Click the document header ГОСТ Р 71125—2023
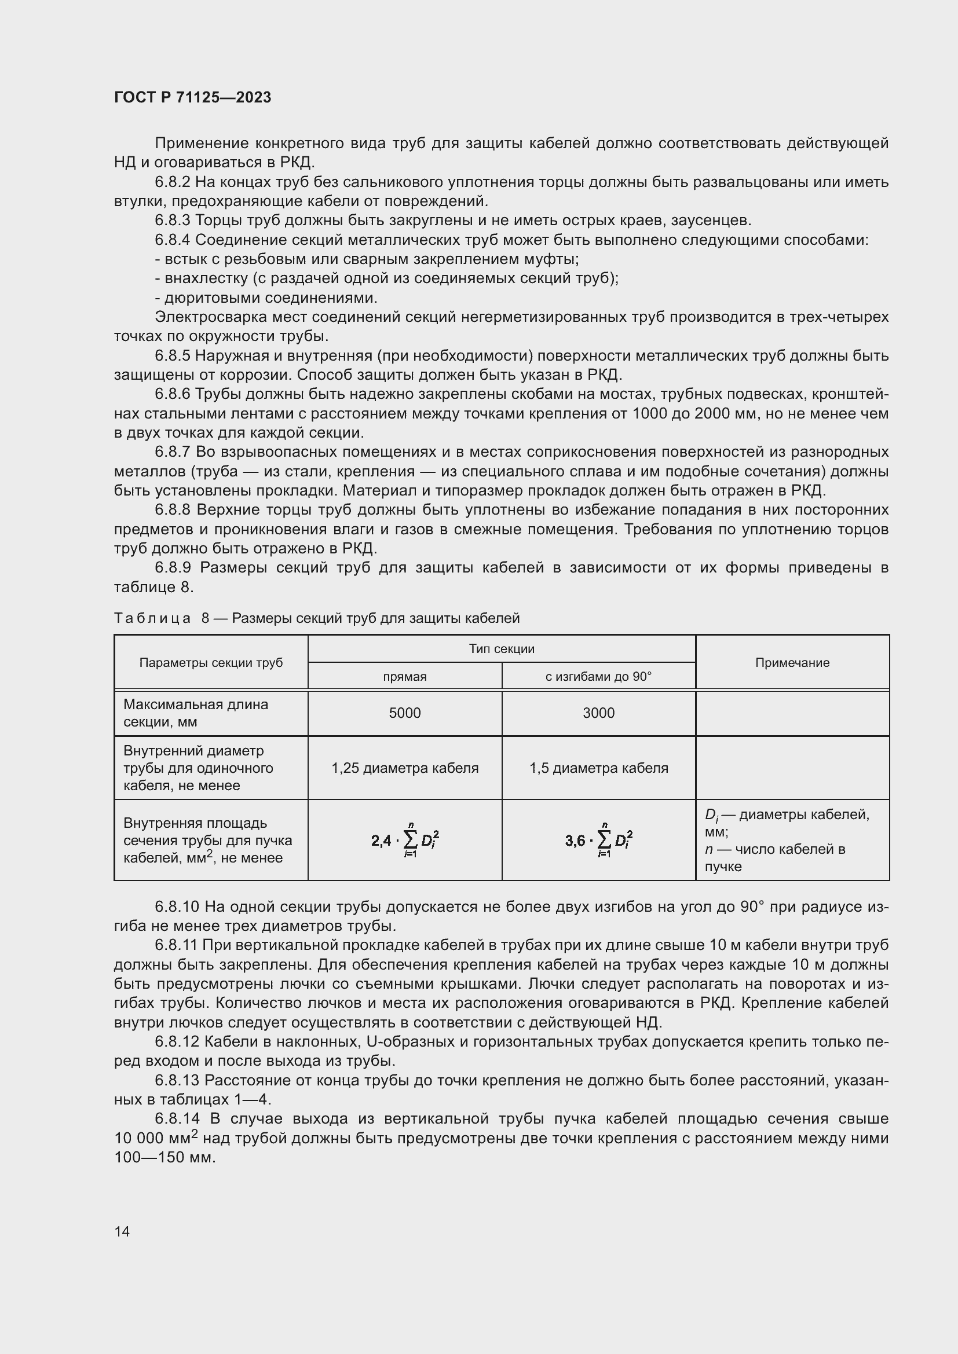192,97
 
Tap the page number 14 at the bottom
122,1231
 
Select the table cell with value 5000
405,713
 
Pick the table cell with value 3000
599,713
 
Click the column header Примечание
792,662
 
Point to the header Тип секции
502,649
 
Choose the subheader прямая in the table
405,676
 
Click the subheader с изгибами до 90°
599,676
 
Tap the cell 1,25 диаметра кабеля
405,768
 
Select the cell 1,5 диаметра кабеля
599,768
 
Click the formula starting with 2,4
405,840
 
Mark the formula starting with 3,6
599,840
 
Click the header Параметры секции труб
211,662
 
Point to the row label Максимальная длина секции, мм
196,713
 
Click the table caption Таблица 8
316,618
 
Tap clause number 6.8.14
177,1119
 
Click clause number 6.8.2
173,182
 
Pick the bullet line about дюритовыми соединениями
266,297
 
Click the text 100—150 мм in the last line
164,1157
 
